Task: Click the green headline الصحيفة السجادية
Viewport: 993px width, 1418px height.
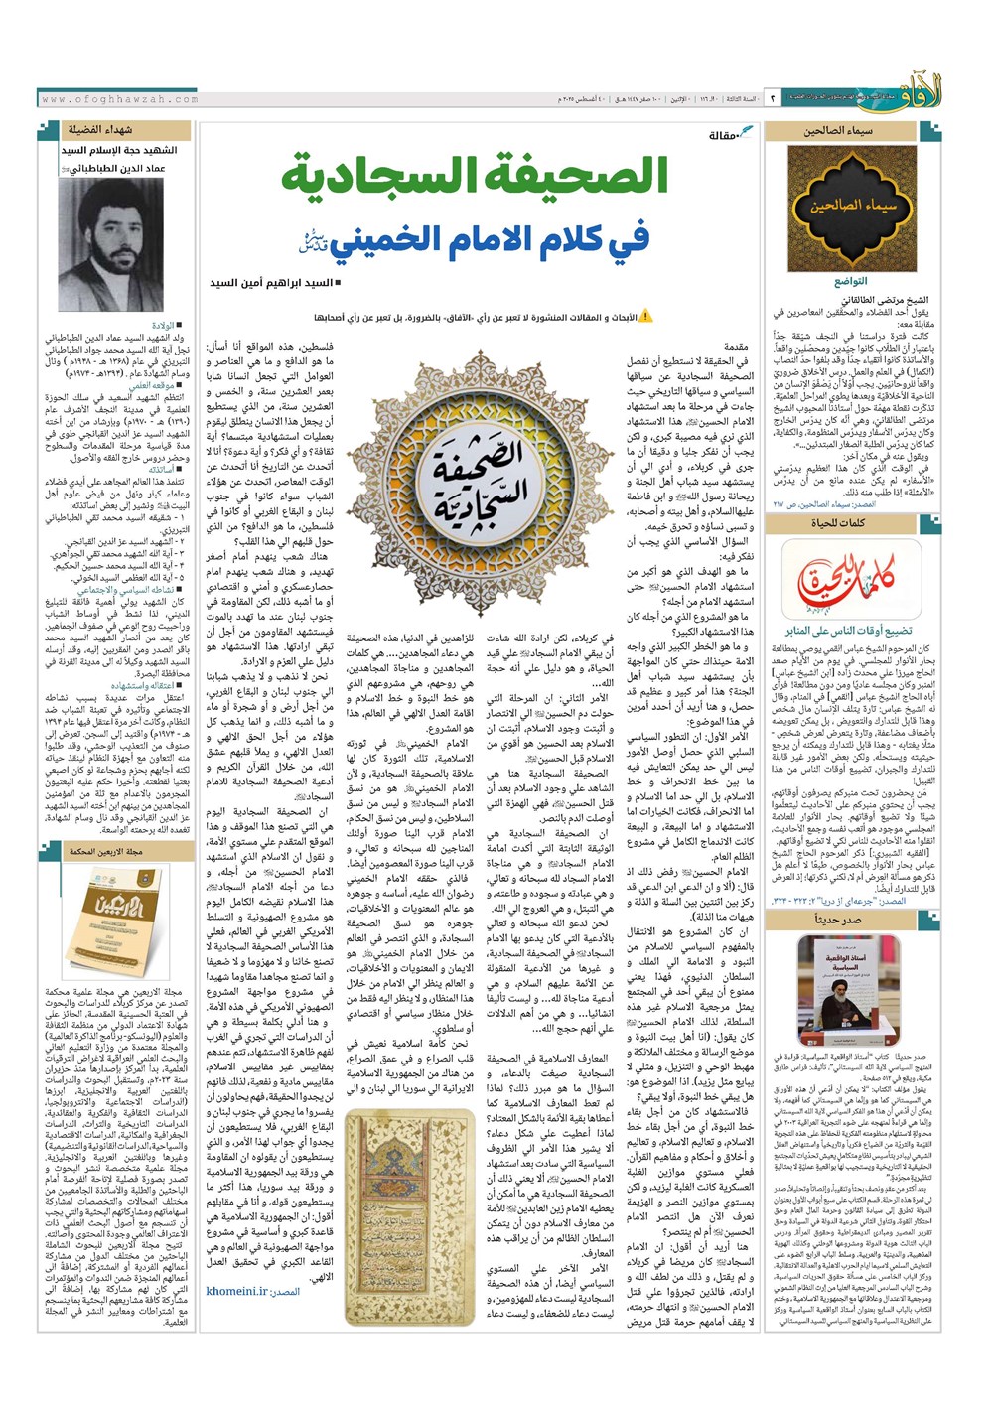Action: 475,178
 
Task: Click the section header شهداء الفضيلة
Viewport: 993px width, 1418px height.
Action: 100,130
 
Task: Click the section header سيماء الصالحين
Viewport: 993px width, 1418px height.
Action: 839,130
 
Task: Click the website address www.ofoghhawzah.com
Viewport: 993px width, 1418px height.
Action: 120,99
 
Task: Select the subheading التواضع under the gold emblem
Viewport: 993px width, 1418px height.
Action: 851,282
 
